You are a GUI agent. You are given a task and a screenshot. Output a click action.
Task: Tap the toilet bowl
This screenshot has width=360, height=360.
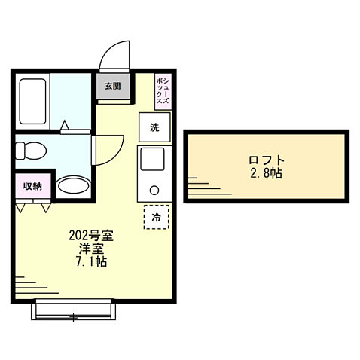pos(32,149)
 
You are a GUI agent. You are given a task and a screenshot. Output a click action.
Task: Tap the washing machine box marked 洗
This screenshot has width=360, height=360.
pos(154,127)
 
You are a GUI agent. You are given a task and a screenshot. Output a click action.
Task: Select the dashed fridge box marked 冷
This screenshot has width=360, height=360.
pos(157,217)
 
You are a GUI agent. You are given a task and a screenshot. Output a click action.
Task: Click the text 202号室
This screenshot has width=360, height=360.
pos(86,235)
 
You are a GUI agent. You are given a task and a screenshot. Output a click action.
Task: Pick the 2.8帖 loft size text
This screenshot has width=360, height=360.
pos(267,174)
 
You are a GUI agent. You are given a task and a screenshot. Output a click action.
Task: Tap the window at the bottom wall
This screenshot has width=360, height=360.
pos(74,308)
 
